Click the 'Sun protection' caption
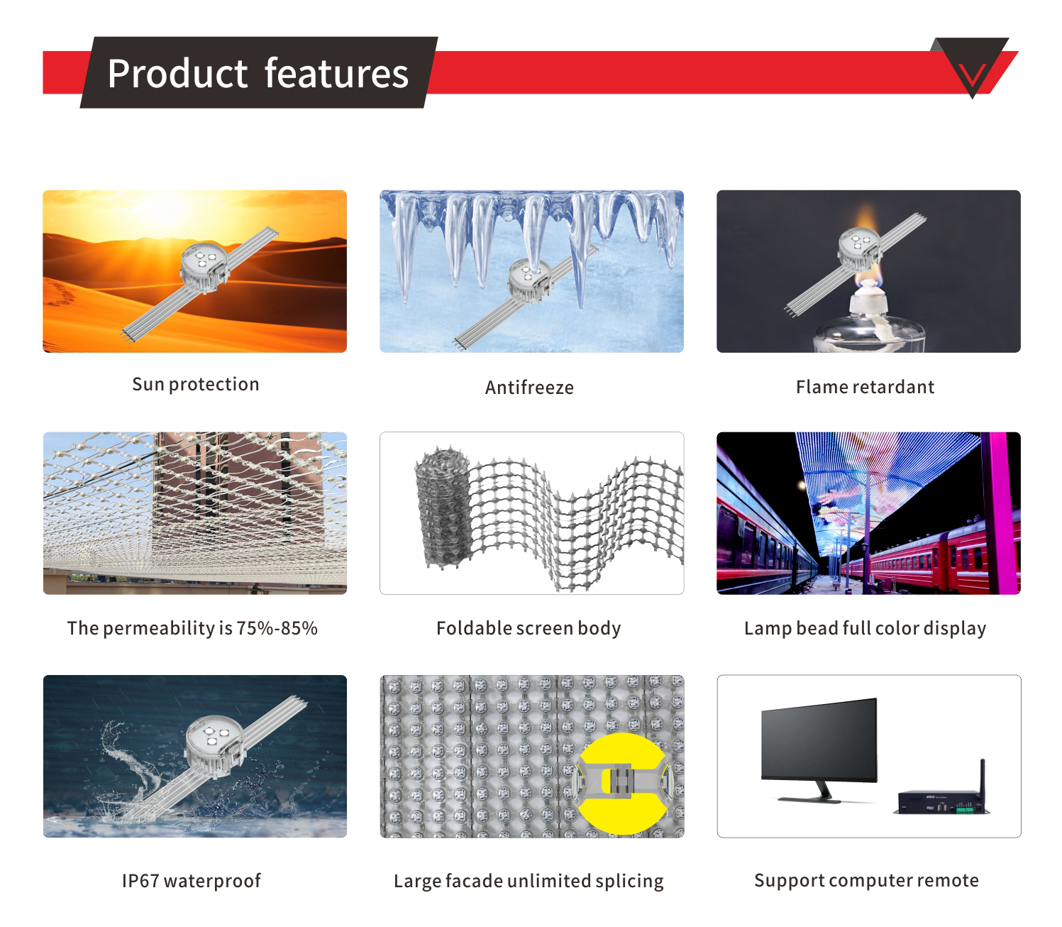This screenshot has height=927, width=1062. point(195,384)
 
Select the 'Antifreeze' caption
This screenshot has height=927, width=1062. point(529,388)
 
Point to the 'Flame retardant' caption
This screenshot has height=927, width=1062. point(865,387)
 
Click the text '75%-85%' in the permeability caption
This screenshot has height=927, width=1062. point(277,628)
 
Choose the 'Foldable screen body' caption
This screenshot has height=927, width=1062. point(529,628)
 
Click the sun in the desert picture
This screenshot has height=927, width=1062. point(165,212)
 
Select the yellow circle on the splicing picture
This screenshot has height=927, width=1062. point(622,783)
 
